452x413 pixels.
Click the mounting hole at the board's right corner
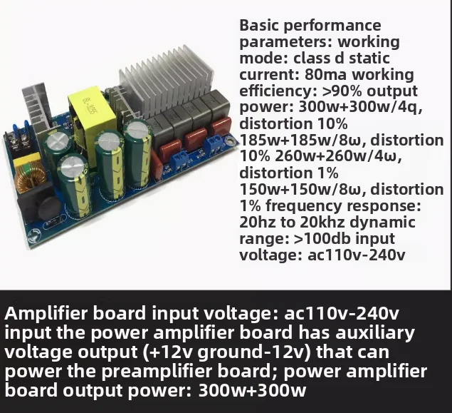point(231,141)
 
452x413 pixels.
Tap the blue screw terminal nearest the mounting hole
point(214,146)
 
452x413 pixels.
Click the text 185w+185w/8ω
point(303,141)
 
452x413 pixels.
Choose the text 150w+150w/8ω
point(303,190)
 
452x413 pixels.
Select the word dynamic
point(382,223)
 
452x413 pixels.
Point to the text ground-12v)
point(255,352)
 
